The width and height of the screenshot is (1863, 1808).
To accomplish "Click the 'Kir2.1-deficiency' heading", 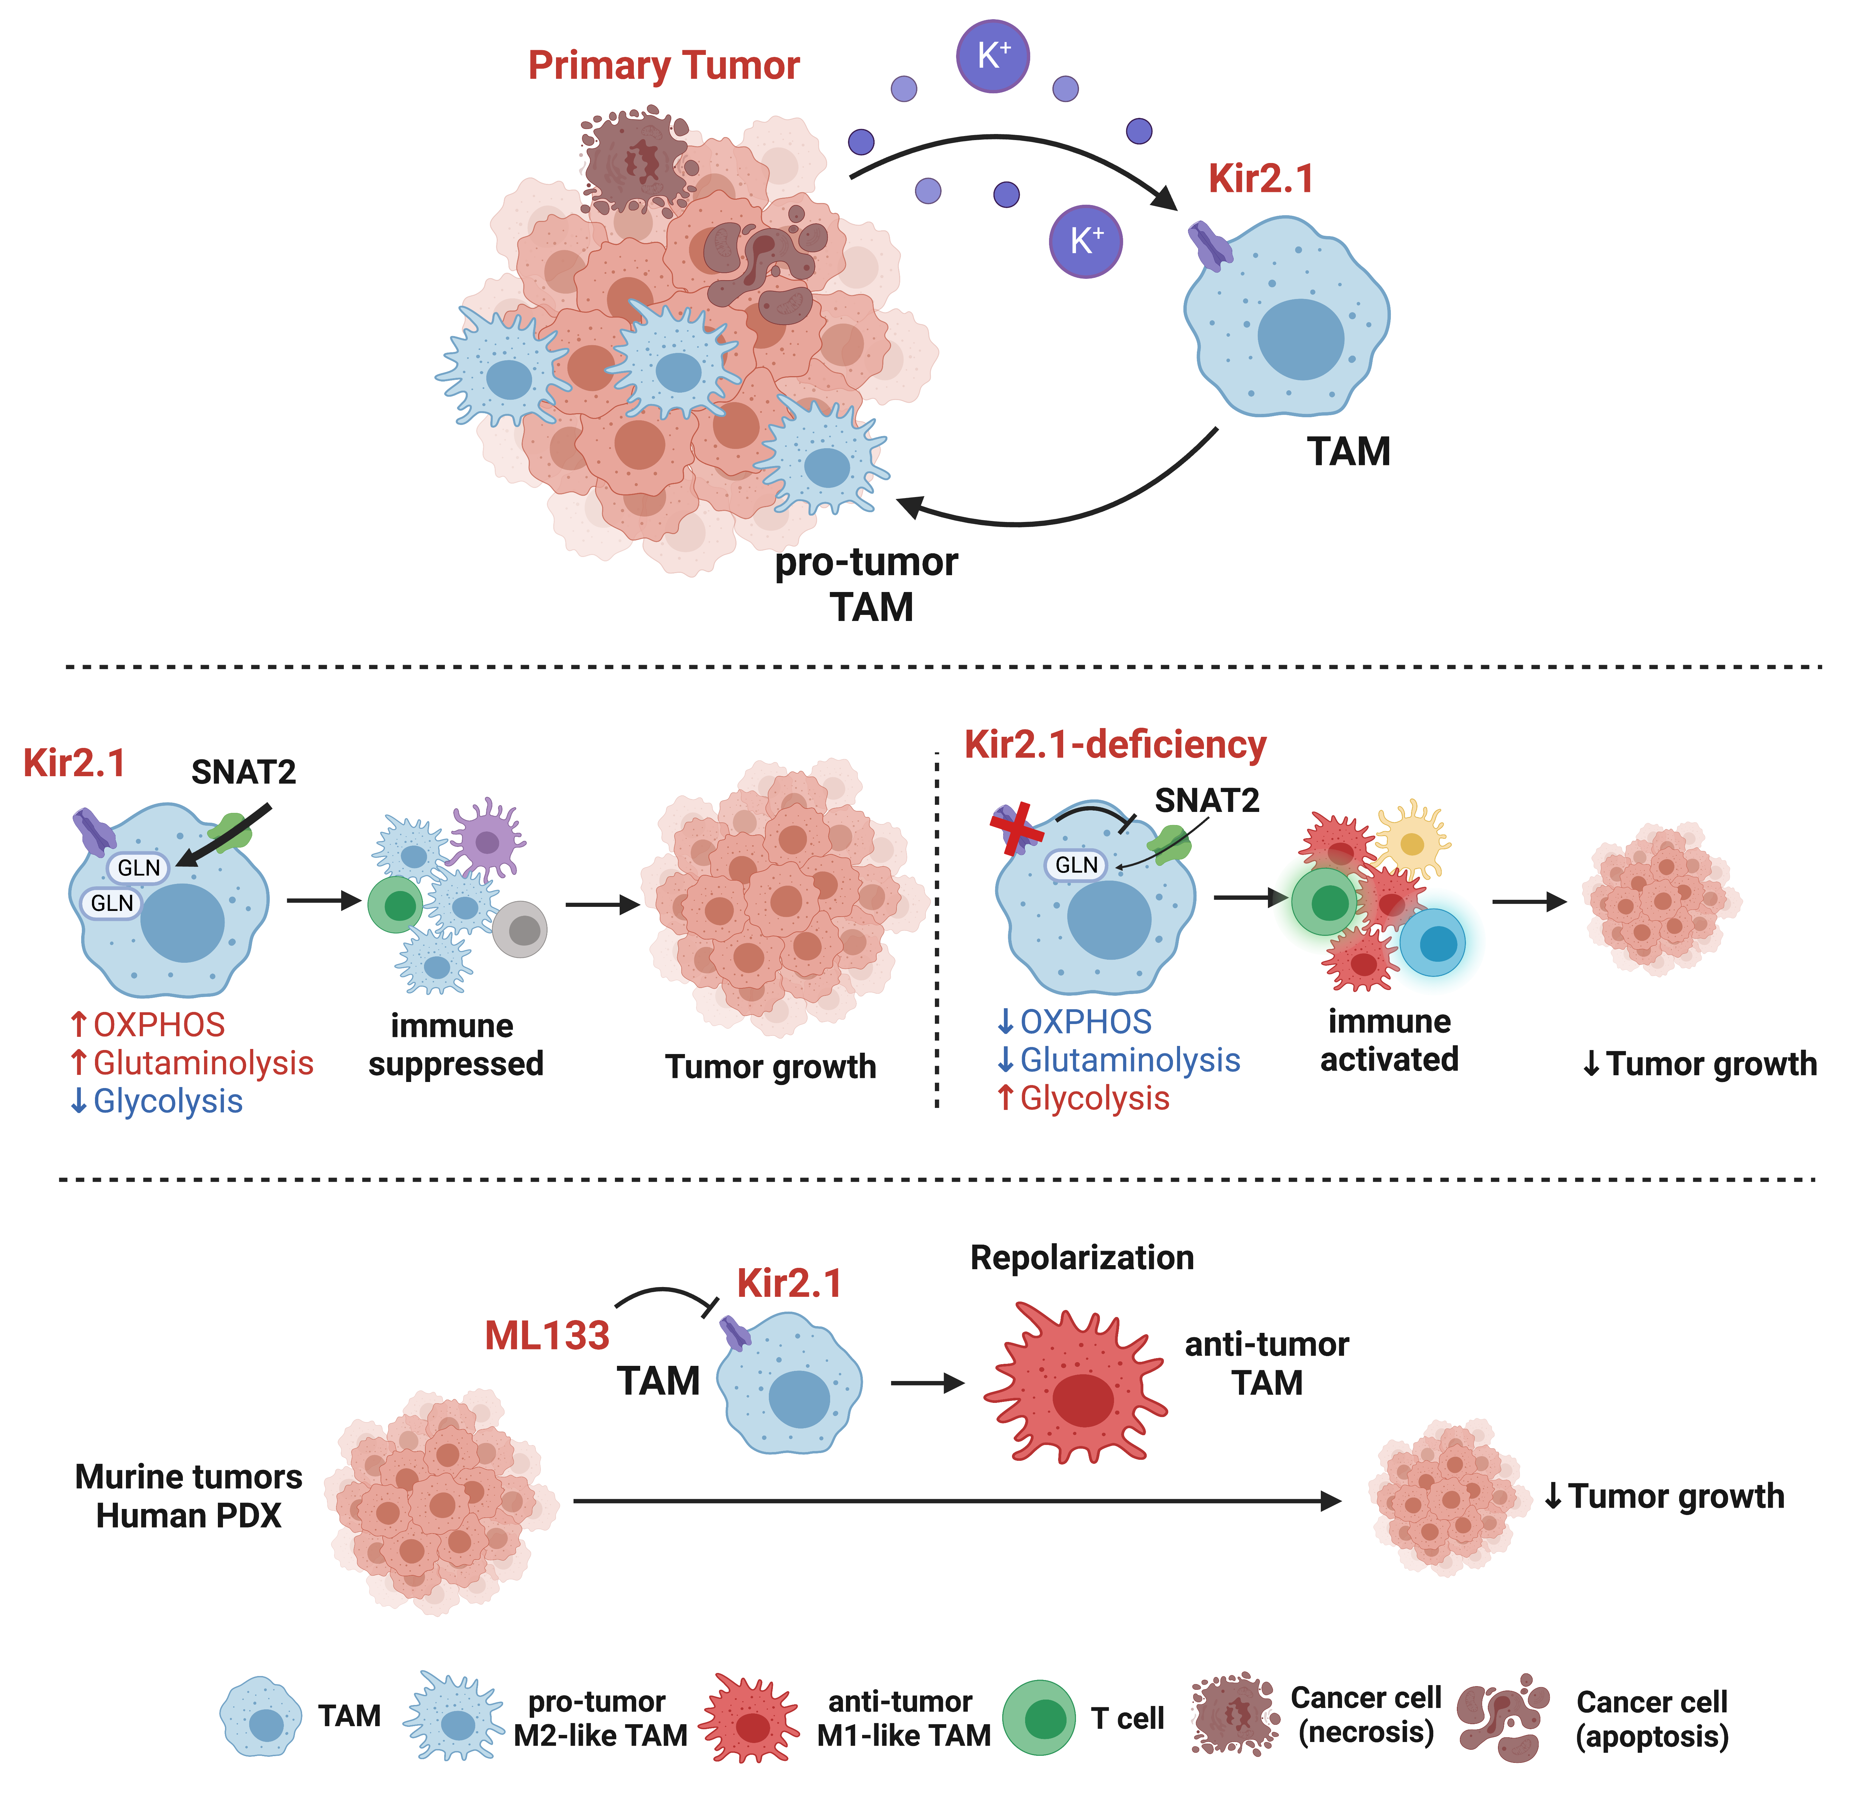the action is (1115, 745).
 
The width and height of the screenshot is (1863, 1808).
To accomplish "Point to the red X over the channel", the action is (1016, 828).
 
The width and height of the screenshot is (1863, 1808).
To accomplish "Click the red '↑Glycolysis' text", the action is (1084, 1099).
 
